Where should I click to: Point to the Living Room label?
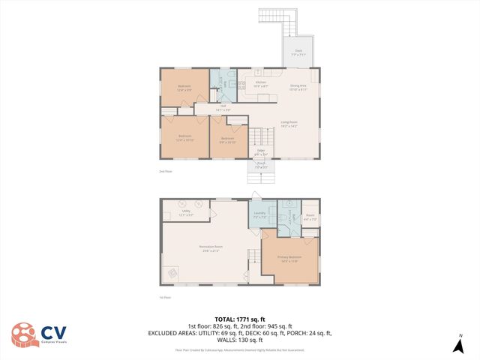pyautogui.click(x=289, y=124)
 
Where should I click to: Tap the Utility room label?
pyautogui.click(x=186, y=213)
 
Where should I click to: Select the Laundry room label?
pyautogui.click(x=260, y=214)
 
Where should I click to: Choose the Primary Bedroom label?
pyautogui.click(x=289, y=259)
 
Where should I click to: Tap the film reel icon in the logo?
pyautogui.click(x=24, y=335)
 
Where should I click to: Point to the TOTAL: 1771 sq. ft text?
pyautogui.click(x=239, y=317)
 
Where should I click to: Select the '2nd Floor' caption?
pyautogui.click(x=166, y=172)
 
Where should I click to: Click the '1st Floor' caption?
pyautogui.click(x=166, y=298)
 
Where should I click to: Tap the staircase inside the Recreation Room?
pyautogui.click(x=253, y=259)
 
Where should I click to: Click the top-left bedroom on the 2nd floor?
pyautogui.click(x=184, y=88)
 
